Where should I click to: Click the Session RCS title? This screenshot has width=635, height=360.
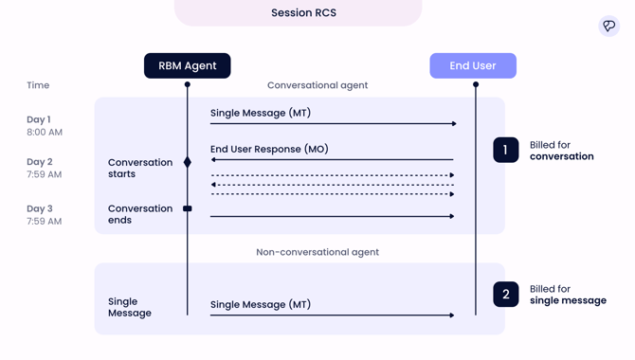(x=303, y=13)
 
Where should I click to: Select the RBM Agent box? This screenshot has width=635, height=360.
(x=188, y=65)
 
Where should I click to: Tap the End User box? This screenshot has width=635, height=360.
(x=473, y=65)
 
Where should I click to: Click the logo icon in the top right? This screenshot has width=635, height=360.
(x=608, y=26)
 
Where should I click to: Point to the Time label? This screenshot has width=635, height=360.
(x=38, y=85)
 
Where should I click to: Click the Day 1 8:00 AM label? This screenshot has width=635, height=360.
(x=45, y=126)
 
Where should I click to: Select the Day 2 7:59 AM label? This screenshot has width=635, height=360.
(x=45, y=168)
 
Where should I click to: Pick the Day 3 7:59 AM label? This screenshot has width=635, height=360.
(x=45, y=215)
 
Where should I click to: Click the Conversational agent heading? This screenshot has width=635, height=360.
(x=317, y=85)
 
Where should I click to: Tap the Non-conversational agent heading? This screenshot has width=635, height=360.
(x=317, y=252)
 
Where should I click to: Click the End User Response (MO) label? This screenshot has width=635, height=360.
(x=269, y=149)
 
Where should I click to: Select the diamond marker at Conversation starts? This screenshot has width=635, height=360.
(x=188, y=162)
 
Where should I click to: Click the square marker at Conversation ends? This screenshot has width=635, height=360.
(x=188, y=208)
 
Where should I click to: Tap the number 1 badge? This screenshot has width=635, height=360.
(x=506, y=150)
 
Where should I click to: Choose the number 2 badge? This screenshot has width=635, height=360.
(x=506, y=295)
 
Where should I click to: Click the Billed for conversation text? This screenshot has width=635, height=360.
(x=561, y=151)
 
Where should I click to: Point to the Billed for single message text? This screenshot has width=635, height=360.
(x=567, y=295)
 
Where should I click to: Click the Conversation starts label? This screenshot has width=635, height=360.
(x=140, y=168)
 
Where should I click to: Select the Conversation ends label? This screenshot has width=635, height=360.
(x=140, y=214)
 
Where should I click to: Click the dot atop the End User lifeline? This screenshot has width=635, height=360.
(x=476, y=84)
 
